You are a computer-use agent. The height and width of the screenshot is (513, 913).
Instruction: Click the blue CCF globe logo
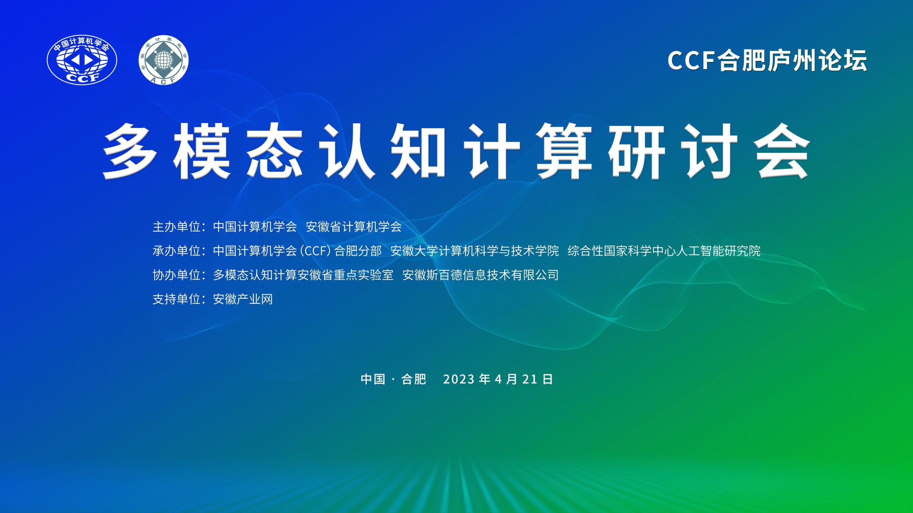[x=82, y=60]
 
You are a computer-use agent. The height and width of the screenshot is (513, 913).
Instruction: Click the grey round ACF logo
[x=163, y=60]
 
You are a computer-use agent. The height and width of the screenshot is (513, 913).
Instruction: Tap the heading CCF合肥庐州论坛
[x=767, y=61]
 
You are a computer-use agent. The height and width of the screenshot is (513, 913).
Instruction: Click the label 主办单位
[x=177, y=227]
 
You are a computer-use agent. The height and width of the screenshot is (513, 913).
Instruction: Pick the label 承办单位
[x=177, y=251]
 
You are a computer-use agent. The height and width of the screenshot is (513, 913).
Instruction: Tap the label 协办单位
[x=177, y=275]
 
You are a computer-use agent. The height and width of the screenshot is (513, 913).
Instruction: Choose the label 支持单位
[x=177, y=299]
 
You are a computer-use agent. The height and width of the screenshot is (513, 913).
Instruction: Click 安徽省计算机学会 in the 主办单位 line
[x=354, y=227]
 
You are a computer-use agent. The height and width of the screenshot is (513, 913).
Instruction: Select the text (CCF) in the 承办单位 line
[x=316, y=251]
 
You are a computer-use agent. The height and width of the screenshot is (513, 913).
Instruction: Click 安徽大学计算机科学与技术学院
[x=474, y=251]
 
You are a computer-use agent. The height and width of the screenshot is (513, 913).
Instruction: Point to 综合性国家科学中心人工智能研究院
[x=664, y=251]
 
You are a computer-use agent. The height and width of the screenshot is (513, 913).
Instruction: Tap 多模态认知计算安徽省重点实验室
[x=303, y=275]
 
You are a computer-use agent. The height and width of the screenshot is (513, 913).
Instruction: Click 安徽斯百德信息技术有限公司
[x=480, y=275]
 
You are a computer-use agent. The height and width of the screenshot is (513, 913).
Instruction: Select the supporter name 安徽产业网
[x=243, y=299]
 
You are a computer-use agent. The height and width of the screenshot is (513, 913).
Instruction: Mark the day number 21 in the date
[x=530, y=379]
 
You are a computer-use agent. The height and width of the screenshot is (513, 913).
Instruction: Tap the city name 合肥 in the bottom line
[x=414, y=379]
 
